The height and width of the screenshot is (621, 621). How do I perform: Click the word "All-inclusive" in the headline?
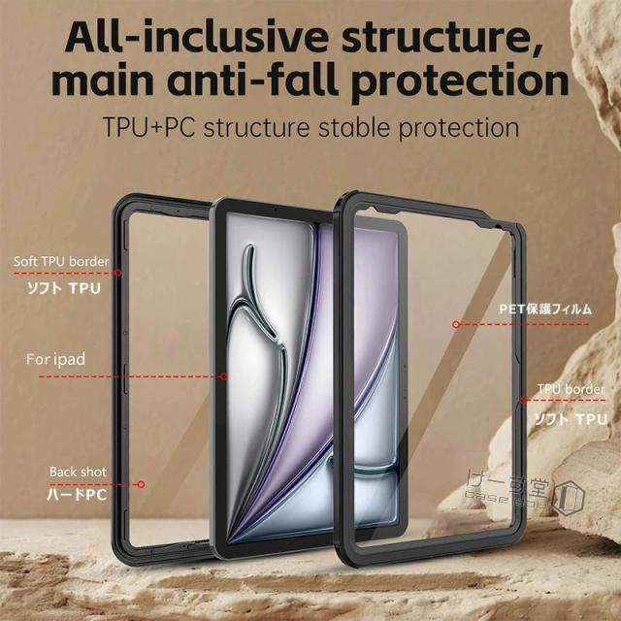coord(176,38)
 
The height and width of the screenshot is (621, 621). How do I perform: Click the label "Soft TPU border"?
coord(60,262)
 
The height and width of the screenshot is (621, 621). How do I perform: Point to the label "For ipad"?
coord(55,360)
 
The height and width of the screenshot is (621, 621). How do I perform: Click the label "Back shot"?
coord(77,472)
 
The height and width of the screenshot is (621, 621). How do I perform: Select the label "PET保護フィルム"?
coord(533,308)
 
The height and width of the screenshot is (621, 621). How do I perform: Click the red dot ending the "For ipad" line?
coord(224,376)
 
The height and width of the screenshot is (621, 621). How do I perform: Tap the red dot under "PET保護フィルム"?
coord(454,322)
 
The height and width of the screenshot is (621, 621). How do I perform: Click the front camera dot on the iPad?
coord(275,209)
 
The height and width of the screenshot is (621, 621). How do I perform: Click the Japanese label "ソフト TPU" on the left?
coord(62,287)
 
